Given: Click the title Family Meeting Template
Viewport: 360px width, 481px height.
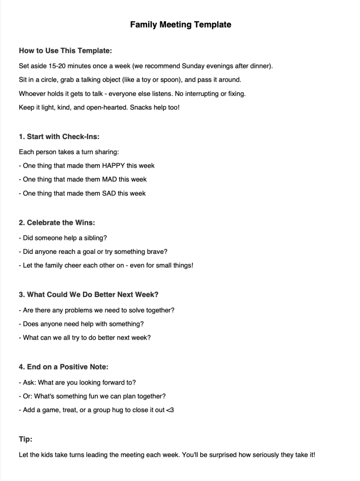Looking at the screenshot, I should (x=180, y=24).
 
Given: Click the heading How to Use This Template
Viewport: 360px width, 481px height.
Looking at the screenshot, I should (x=65, y=51).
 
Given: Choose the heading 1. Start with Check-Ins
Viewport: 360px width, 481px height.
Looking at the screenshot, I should (x=59, y=137).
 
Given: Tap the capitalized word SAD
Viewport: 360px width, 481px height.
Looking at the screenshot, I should (x=110, y=193).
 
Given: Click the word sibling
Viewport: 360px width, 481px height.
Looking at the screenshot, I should (x=95, y=238).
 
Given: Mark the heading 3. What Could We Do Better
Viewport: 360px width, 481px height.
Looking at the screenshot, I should (x=89, y=295).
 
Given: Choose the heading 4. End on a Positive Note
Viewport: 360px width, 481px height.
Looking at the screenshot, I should (x=64, y=367).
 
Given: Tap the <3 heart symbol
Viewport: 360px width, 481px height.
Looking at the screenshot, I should (x=170, y=410).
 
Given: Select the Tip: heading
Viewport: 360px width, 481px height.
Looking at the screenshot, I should (x=26, y=439).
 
